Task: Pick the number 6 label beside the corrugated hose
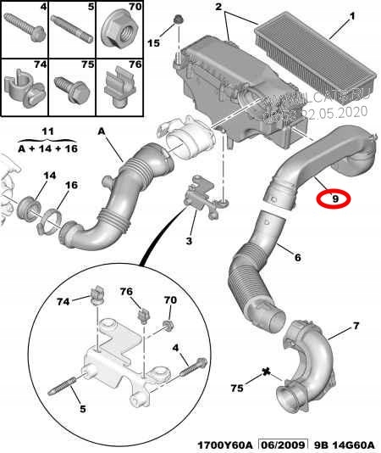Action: click(x=296, y=254)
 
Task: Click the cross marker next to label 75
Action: click(x=267, y=372)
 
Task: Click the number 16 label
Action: click(x=71, y=184)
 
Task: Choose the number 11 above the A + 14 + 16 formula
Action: click(x=47, y=132)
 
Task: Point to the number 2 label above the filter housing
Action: click(x=218, y=8)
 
